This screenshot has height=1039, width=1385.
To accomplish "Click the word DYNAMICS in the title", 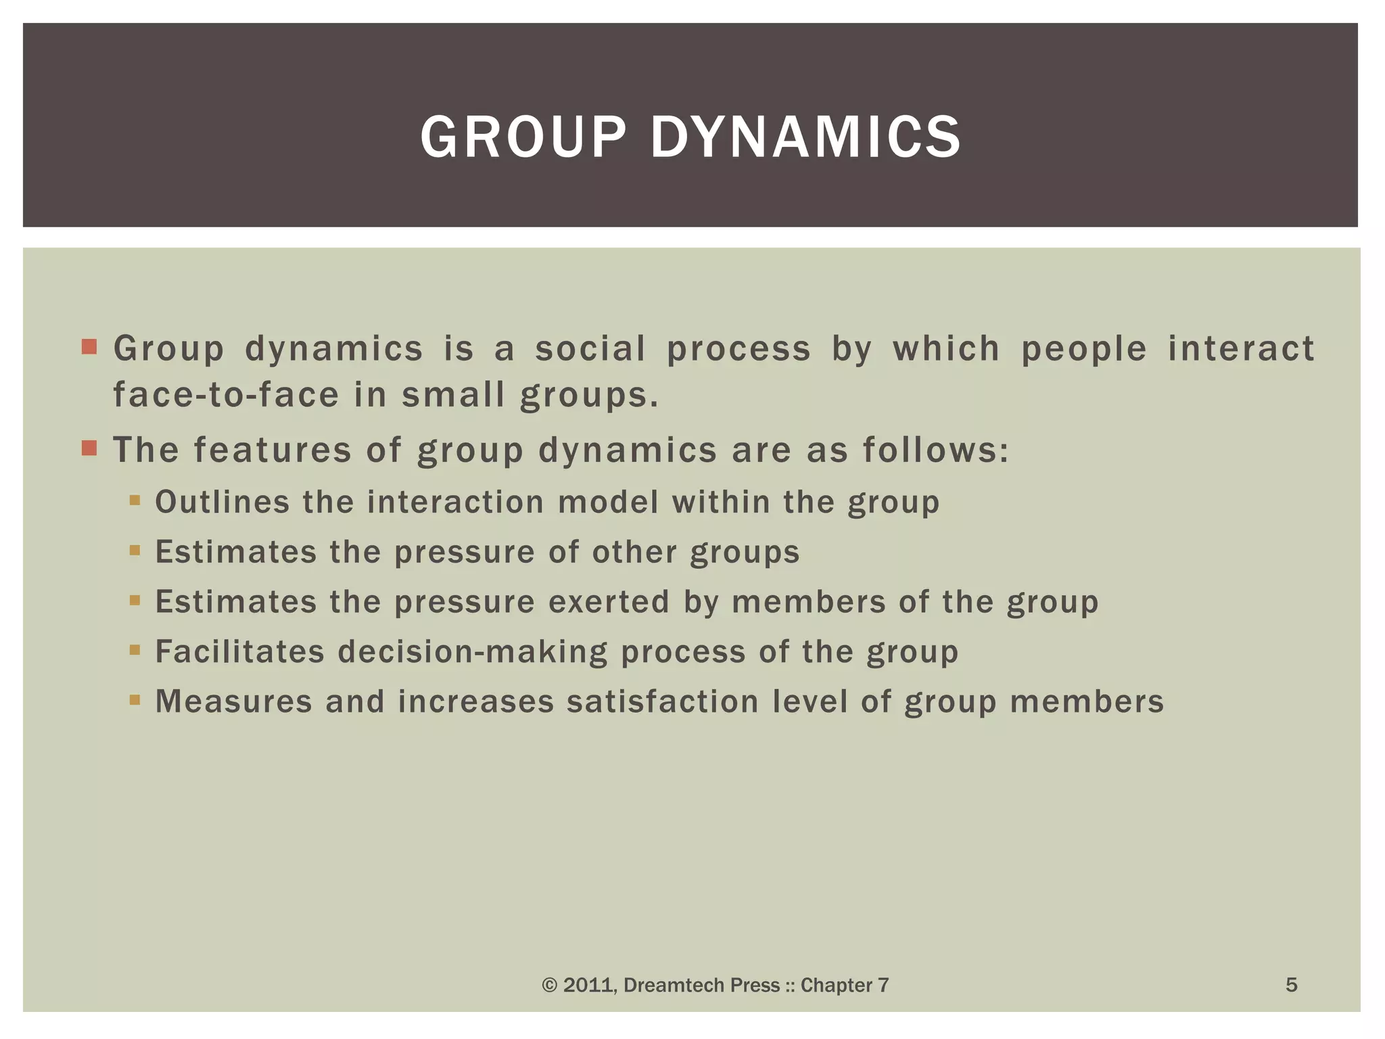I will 805,137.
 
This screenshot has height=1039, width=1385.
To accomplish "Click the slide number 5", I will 1291,984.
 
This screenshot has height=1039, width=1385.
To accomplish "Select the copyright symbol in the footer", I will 550,986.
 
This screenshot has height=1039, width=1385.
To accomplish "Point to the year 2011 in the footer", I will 588,986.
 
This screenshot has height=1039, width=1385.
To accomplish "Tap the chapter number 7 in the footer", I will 883,986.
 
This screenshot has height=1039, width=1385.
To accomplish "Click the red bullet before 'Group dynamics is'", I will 89,348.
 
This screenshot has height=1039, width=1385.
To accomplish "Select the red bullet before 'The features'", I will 89,448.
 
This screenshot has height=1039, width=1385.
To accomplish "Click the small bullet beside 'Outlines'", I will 135,501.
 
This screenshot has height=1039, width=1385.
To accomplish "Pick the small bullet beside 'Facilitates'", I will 135,650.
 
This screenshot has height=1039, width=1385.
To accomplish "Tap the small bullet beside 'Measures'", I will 135,700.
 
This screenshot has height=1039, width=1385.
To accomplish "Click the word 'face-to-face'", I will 226,395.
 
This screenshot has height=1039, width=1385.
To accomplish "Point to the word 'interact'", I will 1241,349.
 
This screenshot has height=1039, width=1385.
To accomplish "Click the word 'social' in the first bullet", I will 590,349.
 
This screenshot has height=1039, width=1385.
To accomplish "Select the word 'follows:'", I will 936,451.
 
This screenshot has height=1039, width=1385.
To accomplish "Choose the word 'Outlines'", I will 222,503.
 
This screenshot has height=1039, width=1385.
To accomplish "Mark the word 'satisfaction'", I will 663,701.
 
